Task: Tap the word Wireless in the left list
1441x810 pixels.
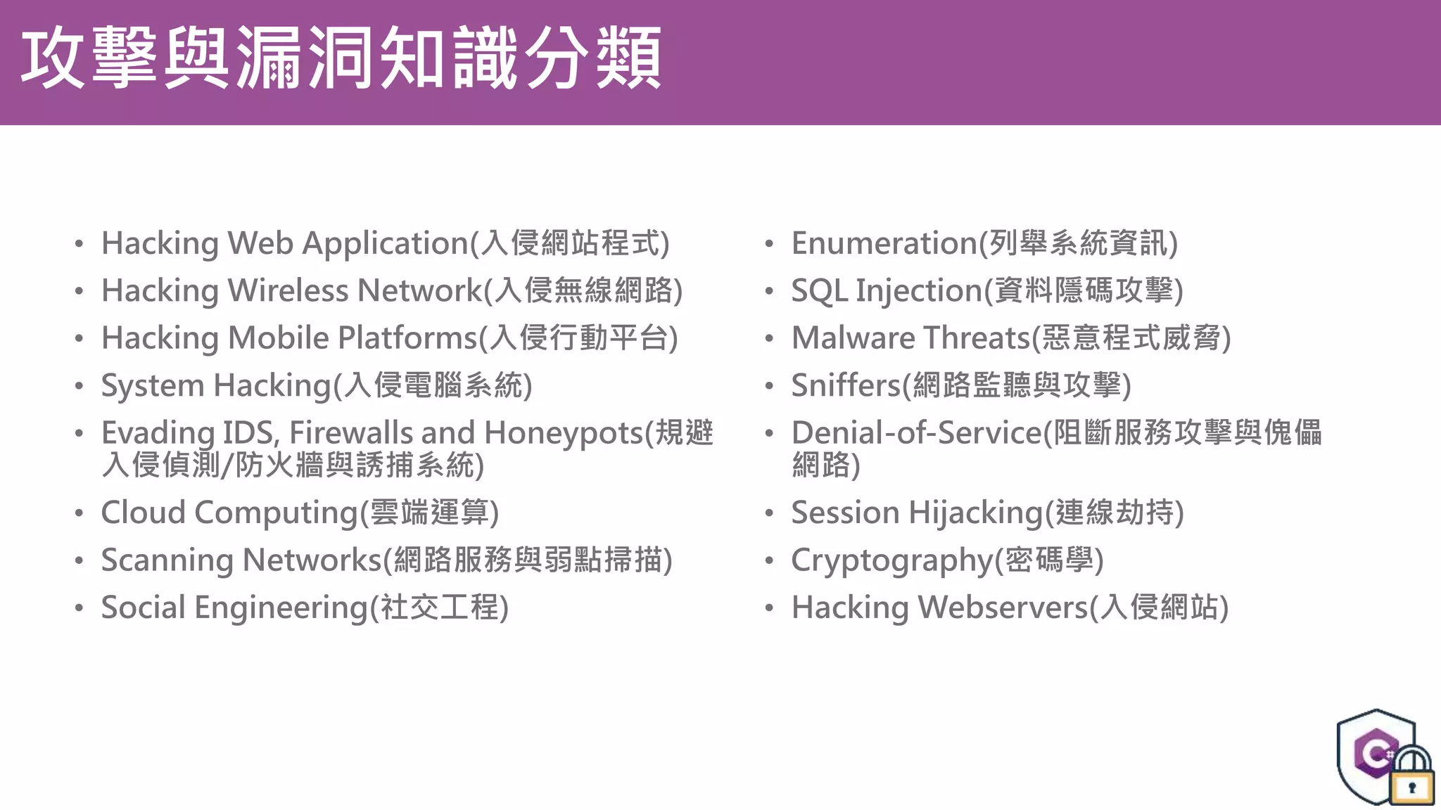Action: click(x=288, y=290)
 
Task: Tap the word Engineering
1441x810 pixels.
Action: click(x=281, y=608)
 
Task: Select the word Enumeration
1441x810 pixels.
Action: click(x=884, y=243)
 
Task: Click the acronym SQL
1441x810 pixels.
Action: click(x=819, y=291)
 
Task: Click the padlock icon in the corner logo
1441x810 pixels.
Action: click(x=1411, y=778)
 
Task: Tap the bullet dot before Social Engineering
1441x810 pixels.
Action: click(x=80, y=607)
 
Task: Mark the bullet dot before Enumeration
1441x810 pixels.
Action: click(x=769, y=244)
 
